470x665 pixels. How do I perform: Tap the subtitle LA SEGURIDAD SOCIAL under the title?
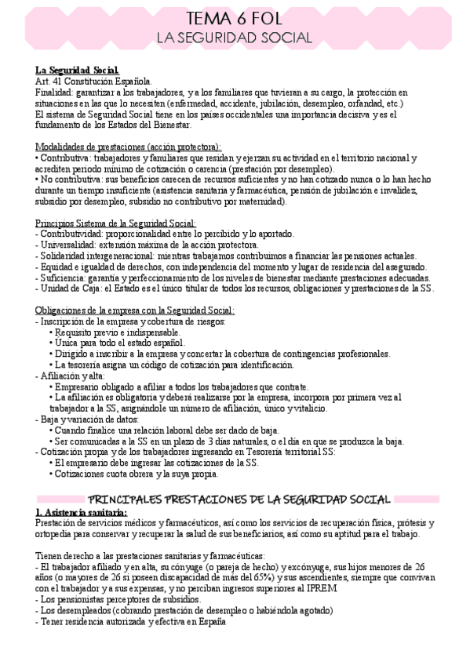235,38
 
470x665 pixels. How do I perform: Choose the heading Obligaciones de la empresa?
135,310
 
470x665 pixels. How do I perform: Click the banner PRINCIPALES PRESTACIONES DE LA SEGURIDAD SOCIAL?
235,500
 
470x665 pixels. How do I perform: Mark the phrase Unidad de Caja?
71,289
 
